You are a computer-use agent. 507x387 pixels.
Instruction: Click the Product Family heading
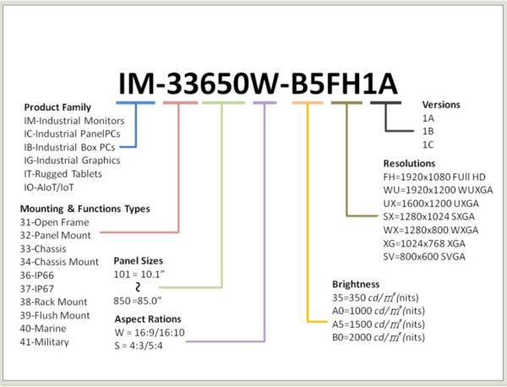point(57,107)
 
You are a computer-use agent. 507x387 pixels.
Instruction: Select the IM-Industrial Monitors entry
point(74,121)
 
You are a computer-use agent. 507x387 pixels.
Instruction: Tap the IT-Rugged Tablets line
point(63,174)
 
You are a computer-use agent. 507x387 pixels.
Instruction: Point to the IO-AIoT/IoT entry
point(48,188)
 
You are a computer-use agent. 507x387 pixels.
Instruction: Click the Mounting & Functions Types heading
point(85,209)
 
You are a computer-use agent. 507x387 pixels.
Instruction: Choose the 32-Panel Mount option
point(55,236)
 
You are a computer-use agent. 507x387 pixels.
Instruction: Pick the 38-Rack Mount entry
point(53,302)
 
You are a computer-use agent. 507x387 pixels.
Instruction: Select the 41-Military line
point(44,342)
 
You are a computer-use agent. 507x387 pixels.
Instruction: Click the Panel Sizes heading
point(138,261)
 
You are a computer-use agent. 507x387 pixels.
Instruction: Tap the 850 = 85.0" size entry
point(138,301)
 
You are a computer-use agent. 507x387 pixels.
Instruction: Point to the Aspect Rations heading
point(148,319)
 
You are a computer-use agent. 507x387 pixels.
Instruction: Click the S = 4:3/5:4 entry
point(139,346)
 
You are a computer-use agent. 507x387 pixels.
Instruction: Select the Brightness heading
point(356,284)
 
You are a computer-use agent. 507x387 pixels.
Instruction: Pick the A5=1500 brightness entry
point(379,324)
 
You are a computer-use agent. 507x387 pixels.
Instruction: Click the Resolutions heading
point(409,164)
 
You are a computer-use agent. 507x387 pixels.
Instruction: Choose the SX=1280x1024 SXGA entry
point(428,216)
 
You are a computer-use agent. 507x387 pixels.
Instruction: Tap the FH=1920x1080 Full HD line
point(434,177)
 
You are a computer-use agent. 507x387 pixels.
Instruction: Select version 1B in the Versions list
point(428,132)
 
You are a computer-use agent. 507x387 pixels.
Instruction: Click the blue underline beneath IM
point(135,103)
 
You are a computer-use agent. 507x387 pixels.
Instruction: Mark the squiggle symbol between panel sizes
point(138,287)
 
